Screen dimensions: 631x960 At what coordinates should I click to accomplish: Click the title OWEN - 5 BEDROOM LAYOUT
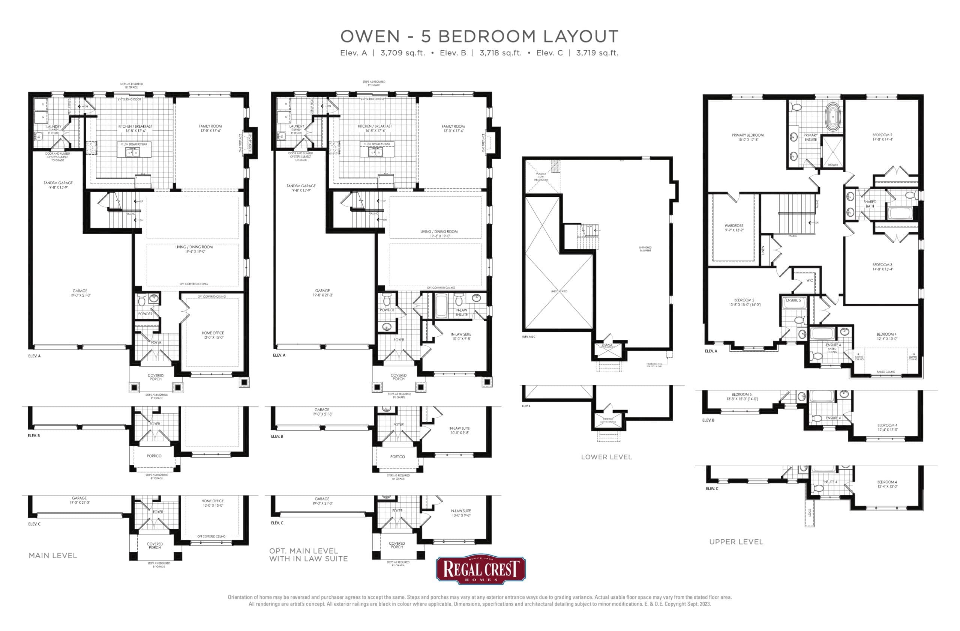pos(479,37)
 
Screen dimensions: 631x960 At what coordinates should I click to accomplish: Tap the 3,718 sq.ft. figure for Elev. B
pos(501,53)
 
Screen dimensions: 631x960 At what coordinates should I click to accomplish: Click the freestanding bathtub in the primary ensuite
pos(832,117)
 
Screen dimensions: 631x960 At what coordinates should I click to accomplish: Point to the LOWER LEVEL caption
pos(606,457)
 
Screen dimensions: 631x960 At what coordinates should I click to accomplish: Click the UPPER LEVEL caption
pos(736,542)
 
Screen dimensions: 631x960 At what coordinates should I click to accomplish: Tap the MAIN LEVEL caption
pos(53,556)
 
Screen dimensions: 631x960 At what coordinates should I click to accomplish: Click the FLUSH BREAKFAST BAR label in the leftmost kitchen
pos(134,144)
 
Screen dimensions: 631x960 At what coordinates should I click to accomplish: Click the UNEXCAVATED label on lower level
pos(559,291)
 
